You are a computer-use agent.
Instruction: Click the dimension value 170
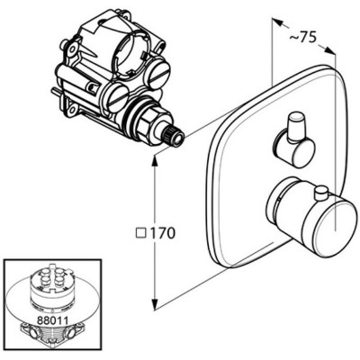pyautogui.click(x=163, y=232)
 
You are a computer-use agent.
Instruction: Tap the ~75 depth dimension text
pyautogui.click(x=303, y=38)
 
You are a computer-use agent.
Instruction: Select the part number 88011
pyautogui.click(x=52, y=320)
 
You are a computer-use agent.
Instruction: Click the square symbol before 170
pyautogui.click(x=141, y=233)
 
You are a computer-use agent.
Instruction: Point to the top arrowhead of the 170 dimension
pyautogui.click(x=155, y=162)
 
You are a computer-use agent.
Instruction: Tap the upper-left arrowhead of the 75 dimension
pyautogui.click(x=278, y=22)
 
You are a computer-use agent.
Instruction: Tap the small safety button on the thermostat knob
pyautogui.click(x=321, y=193)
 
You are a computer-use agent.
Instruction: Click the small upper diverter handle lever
pyautogui.click(x=295, y=125)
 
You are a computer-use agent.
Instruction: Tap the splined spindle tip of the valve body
pyautogui.click(x=175, y=137)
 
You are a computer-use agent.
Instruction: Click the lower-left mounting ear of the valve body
pyautogui.click(x=72, y=110)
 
